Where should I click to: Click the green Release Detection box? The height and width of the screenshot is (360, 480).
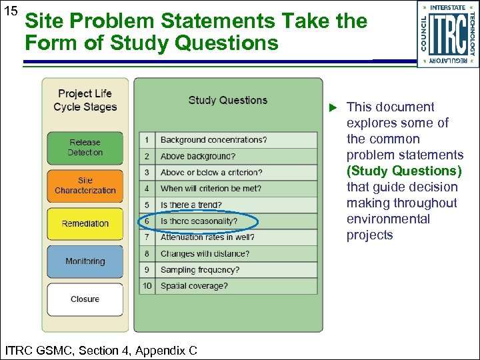click(85, 148)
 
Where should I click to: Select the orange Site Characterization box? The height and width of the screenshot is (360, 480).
click(85, 186)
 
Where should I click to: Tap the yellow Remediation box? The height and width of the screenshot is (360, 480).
click(85, 224)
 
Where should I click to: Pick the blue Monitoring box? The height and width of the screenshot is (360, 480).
click(85, 262)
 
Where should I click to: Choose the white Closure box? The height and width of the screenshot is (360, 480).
click(85, 299)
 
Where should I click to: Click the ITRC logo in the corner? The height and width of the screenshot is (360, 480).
click(447, 33)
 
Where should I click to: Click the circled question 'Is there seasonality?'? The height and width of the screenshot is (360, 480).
click(199, 221)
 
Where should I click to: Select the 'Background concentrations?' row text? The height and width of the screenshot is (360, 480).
click(213, 140)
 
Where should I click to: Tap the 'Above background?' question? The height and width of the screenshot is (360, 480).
click(197, 157)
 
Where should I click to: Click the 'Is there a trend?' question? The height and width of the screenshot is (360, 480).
click(191, 205)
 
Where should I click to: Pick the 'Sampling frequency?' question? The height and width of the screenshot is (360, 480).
click(199, 270)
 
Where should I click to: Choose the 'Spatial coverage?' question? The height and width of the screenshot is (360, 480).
click(194, 286)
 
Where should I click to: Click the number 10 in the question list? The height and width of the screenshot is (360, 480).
click(147, 286)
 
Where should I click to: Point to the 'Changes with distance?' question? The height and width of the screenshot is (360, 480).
click(205, 254)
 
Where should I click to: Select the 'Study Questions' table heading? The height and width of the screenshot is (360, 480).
click(227, 101)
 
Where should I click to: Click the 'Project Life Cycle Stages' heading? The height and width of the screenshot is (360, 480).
click(85, 100)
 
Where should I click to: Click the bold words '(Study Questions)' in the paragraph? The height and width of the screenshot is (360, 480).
click(404, 171)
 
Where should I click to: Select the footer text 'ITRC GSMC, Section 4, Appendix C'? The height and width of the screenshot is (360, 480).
click(101, 349)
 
